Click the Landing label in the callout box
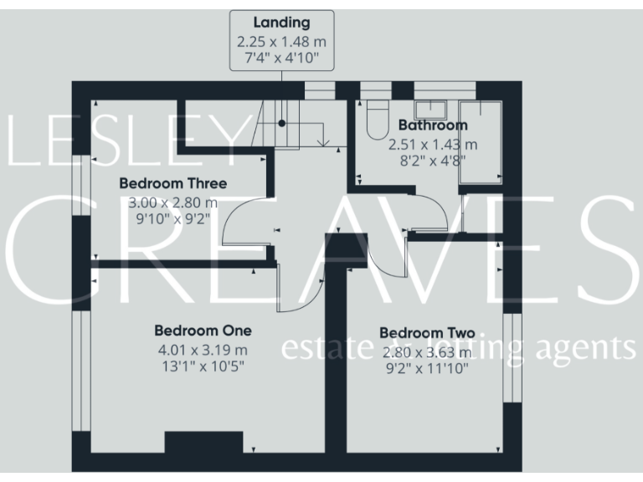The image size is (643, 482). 281,23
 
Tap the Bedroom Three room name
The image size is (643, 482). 172,183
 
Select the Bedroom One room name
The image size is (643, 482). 203,331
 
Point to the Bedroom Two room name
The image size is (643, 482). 425,333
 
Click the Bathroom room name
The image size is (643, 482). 433,126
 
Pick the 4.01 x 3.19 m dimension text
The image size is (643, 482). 203,349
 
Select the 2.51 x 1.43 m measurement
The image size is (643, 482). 433,144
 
